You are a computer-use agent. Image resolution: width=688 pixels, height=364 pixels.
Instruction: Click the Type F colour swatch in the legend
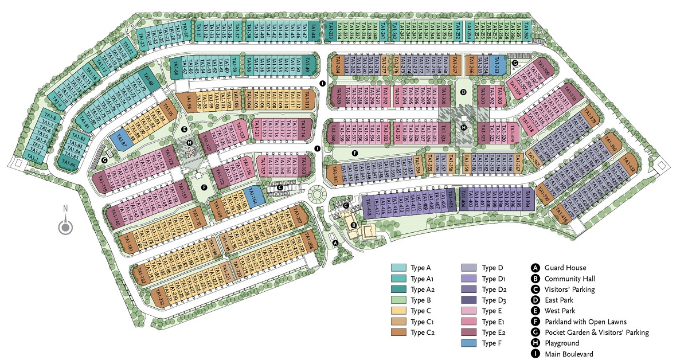click(x=470, y=343)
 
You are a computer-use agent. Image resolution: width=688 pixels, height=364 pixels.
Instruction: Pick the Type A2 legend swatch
click(x=399, y=289)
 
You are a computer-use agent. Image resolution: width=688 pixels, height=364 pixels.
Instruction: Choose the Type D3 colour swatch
click(x=470, y=300)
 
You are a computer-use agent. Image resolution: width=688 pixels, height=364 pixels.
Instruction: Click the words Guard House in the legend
click(x=566, y=268)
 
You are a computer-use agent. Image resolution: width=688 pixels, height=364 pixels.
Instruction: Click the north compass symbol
click(x=65, y=227)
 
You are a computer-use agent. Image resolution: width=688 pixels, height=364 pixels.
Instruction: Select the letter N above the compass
click(x=65, y=209)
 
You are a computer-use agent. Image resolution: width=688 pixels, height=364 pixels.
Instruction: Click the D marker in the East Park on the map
click(x=464, y=91)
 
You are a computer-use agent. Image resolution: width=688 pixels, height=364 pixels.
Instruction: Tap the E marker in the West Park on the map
click(x=184, y=130)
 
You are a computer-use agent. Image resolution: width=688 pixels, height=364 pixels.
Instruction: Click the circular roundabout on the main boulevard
click(x=317, y=195)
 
